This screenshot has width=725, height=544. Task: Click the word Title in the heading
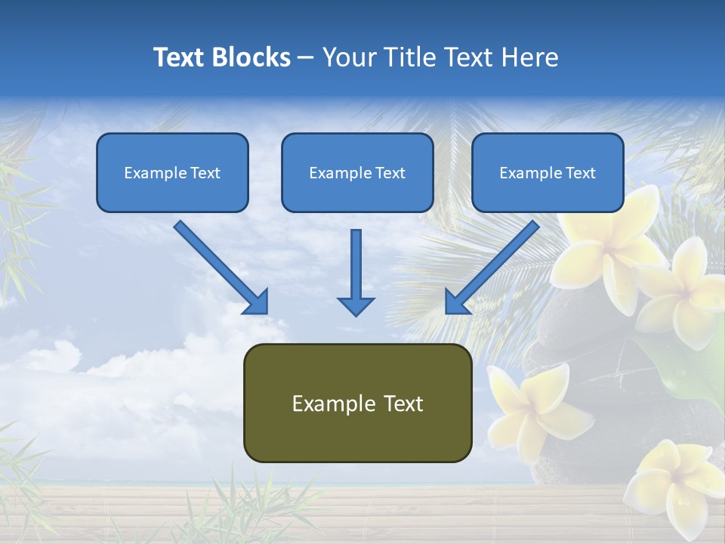click(407, 57)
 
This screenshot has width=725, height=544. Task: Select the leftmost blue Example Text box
click(172, 172)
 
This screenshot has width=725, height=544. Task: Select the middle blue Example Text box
click(357, 172)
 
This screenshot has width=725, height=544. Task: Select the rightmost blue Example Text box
click(548, 172)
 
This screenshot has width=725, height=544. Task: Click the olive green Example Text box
click(357, 403)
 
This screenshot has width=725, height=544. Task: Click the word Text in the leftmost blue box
click(205, 173)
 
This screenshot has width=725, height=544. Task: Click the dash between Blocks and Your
click(306, 57)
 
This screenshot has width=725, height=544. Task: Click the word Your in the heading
click(348, 57)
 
